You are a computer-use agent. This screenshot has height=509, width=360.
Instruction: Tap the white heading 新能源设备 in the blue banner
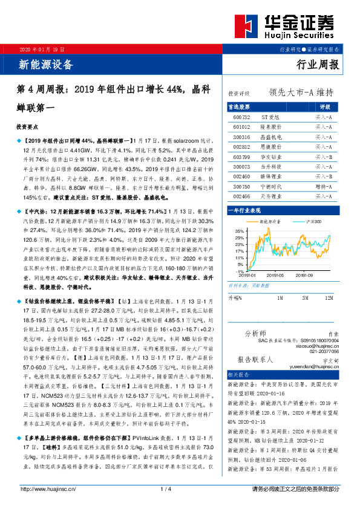pyautogui.click(x=46, y=64)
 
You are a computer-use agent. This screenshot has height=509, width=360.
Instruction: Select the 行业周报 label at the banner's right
pyautogui.click(x=318, y=65)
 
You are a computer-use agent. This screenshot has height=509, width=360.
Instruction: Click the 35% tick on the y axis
pyautogui.click(x=240, y=231)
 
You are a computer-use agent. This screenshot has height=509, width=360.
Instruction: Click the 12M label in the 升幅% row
pyautogui.click(x=329, y=298)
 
